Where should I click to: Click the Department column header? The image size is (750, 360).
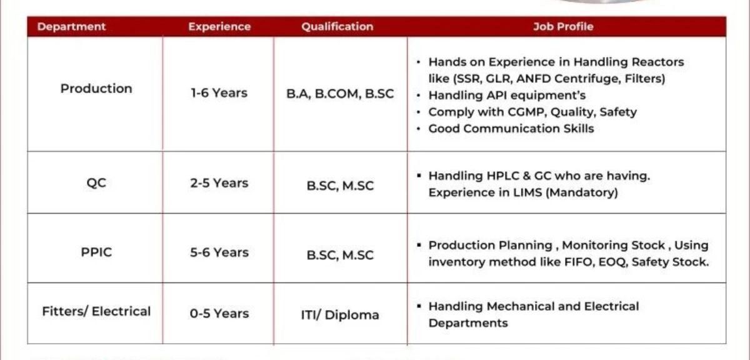coord(71,27)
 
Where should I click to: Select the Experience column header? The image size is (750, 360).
coord(219,27)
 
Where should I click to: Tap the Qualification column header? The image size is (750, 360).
coord(337,27)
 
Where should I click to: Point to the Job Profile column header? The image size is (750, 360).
coord(563,27)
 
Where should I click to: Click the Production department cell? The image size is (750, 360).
coord(96,89)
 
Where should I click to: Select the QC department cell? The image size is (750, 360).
coord(96,184)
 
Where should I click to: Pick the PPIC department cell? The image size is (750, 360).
coord(96,252)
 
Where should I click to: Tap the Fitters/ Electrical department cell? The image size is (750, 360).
coord(96,311)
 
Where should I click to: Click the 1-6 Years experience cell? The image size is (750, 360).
coord(219,93)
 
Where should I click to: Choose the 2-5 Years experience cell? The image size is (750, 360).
coord(219,183)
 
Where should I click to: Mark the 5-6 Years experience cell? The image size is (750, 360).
coord(219,252)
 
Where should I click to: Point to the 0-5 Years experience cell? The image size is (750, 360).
coord(219,313)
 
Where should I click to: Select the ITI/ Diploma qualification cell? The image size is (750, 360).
coord(340,314)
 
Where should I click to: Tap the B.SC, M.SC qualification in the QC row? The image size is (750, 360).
coord(340,186)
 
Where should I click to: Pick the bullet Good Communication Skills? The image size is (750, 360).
coord(510,129)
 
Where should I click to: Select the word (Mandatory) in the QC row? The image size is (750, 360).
coord(581,192)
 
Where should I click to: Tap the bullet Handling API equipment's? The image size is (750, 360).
coord(506,96)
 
